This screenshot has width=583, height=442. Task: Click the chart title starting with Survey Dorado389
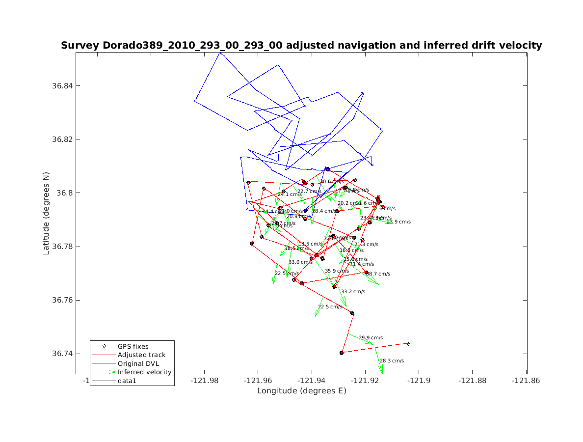coord(301,46)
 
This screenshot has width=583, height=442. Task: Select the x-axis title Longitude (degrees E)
coord(301,391)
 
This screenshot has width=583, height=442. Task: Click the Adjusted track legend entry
coord(141,355)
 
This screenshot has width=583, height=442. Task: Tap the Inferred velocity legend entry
coord(144,372)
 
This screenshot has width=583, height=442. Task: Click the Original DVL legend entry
coord(138,363)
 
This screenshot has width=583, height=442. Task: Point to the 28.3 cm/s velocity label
coord(392,361)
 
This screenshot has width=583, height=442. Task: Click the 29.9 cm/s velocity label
coord(371,338)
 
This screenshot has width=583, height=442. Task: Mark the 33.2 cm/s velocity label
coord(353,292)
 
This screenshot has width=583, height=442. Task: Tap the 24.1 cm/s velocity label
coord(290,194)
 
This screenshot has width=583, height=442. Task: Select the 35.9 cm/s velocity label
coord(337,271)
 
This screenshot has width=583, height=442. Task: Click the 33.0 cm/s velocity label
coord(300,262)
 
